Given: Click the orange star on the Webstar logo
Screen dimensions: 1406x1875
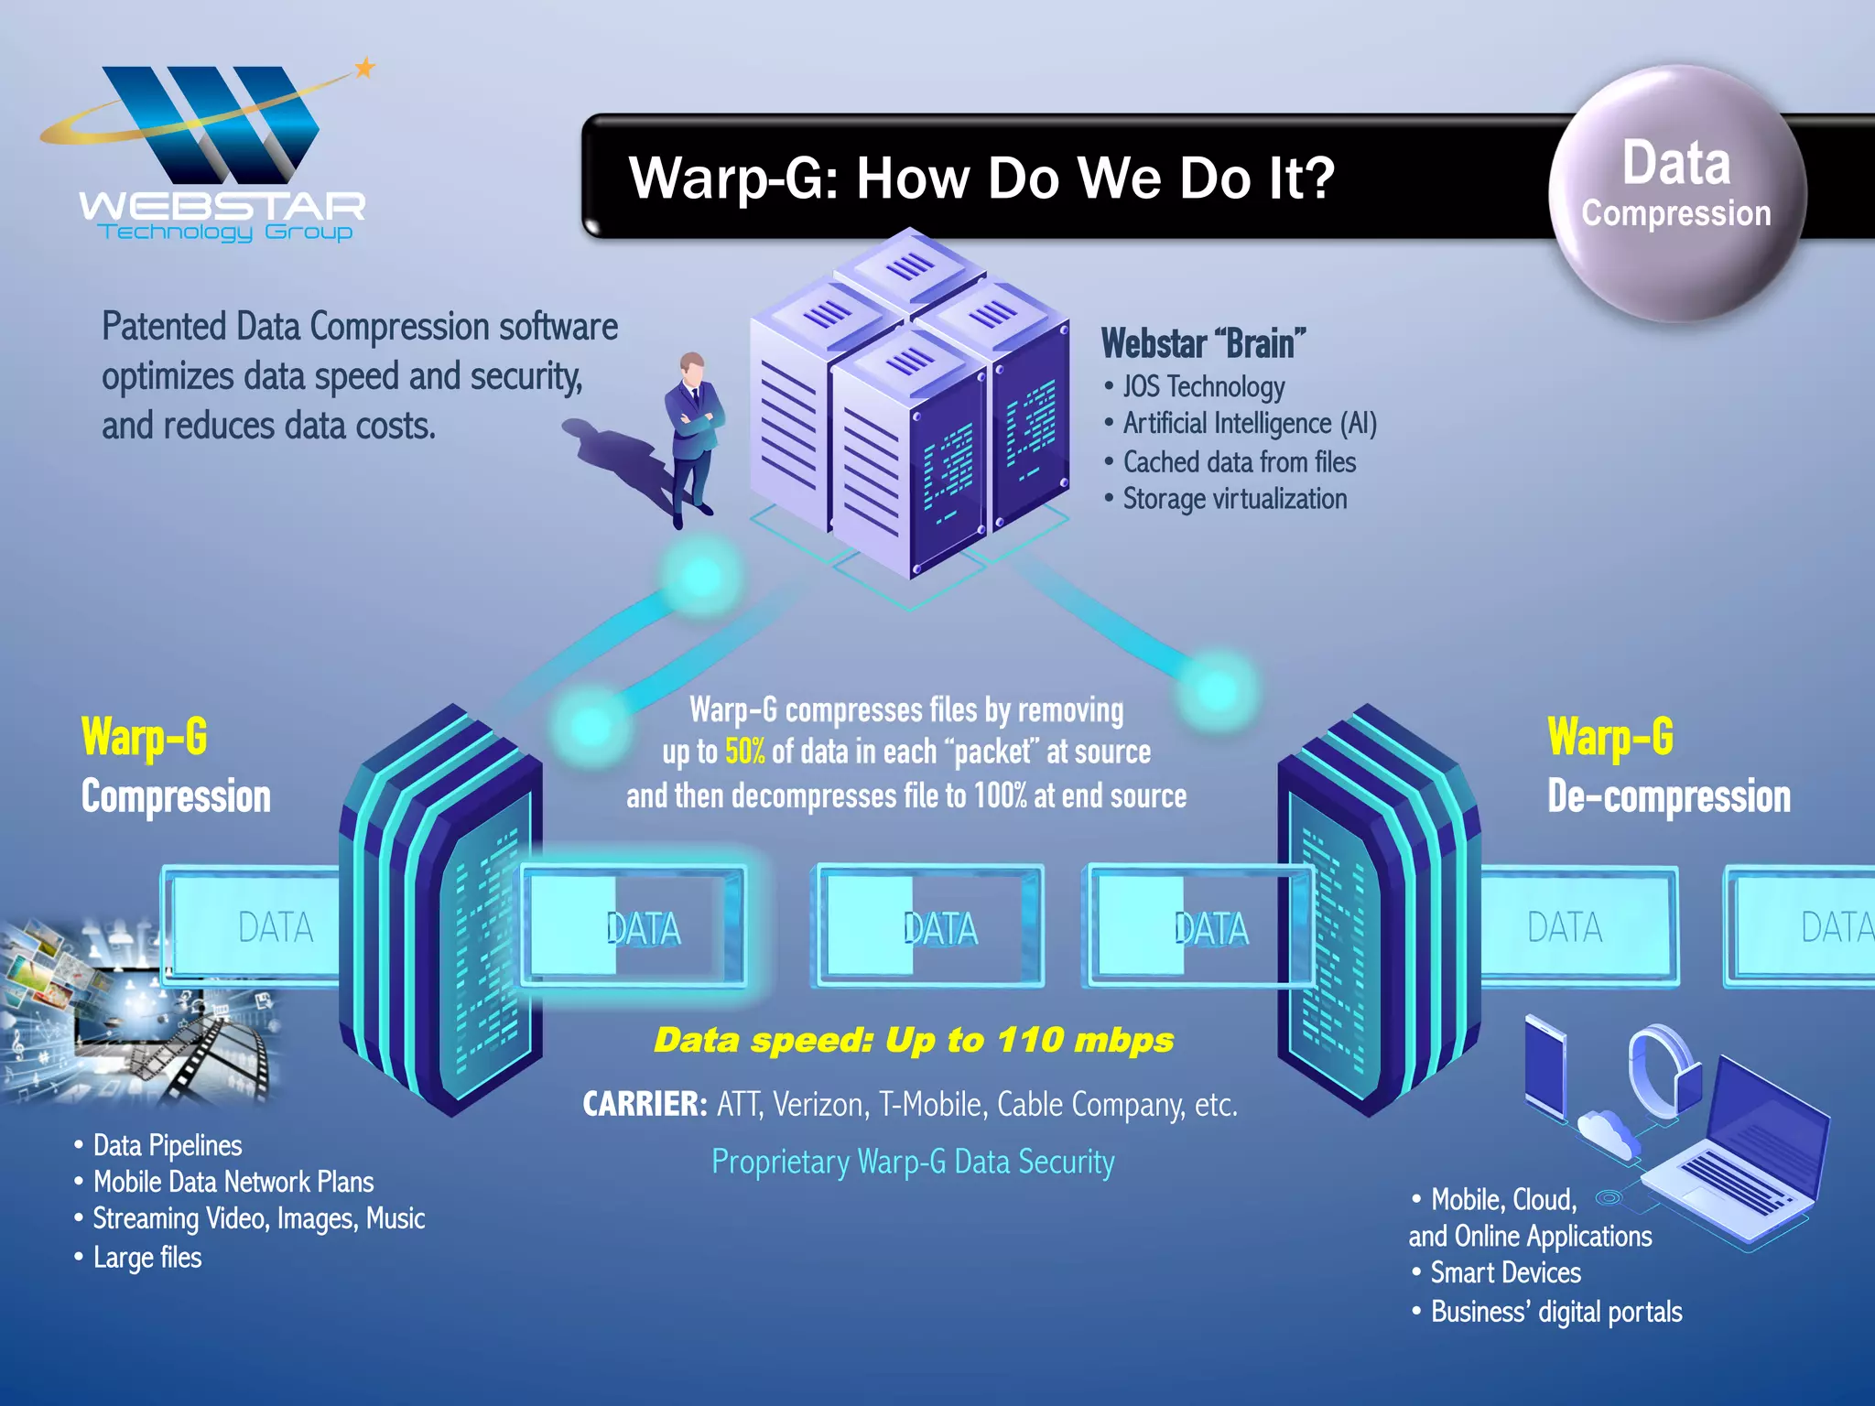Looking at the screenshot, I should pos(364,68).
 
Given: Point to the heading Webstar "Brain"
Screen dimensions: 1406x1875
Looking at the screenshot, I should pos(1203,344).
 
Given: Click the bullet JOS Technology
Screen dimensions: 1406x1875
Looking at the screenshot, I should pos(1202,387).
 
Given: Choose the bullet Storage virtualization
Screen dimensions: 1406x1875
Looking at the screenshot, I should pos(1233,500).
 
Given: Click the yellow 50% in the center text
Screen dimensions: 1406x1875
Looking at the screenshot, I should pos(744,752).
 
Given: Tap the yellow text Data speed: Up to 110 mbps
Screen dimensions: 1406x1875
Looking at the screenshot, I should pos(913,1041).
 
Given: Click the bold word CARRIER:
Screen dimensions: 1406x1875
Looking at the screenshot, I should pos(645,1105).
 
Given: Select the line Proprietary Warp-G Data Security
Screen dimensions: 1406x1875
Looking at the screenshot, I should pos(913,1162).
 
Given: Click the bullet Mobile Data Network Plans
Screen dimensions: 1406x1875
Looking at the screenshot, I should pos(233,1183).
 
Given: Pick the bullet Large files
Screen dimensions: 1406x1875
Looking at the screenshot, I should pos(146,1258).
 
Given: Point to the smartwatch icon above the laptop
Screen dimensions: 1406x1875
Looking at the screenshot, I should pos(1662,1071).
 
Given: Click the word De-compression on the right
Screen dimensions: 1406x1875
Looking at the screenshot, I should pos(1668,796).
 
